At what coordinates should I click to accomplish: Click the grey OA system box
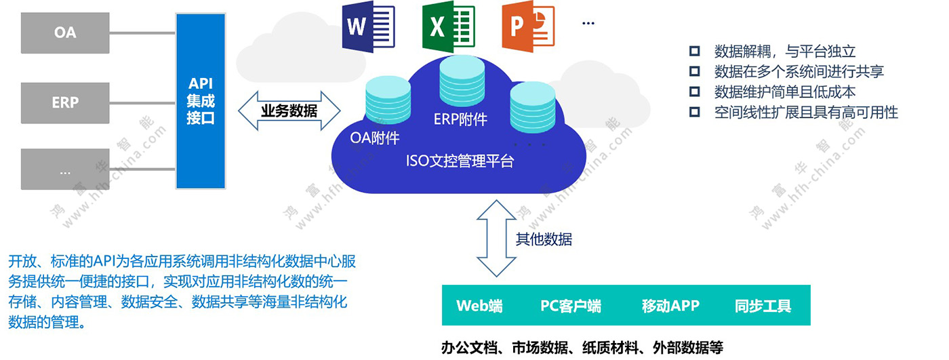pos(65,33)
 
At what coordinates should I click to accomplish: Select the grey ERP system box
pos(65,102)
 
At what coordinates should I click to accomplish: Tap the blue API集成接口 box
pos(200,101)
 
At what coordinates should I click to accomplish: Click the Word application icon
pos(369,27)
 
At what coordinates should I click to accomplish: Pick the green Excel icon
pos(447,27)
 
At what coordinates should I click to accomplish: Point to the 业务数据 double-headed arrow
pos(289,111)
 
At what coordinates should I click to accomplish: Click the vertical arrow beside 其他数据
pos(496,238)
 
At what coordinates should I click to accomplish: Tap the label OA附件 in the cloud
pos(375,138)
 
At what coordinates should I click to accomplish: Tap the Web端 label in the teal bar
pos(479,306)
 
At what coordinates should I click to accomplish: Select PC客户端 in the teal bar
pos(570,306)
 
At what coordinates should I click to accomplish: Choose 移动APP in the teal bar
pos(670,306)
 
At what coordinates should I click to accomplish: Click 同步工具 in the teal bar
pos(763,306)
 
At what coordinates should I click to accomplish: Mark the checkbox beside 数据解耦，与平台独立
pos(694,51)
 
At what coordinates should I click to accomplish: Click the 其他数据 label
pos(544,239)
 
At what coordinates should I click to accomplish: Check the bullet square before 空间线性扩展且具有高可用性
pos(694,112)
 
